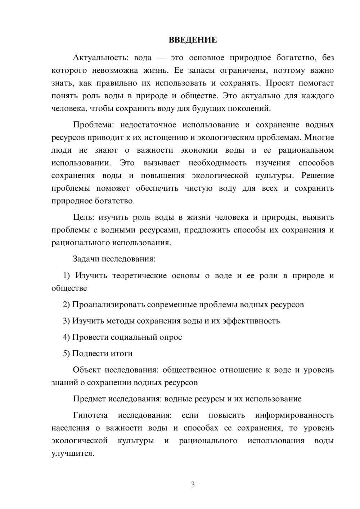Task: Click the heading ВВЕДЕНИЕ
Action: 193,40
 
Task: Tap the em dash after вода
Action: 161,58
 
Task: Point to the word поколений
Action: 251,108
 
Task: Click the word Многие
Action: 320,138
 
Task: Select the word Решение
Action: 317,176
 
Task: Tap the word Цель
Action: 83,217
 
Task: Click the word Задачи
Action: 86,259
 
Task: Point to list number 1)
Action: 67,276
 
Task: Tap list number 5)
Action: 67,353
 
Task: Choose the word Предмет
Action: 89,399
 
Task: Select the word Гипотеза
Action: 90,415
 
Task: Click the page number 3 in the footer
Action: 193,485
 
